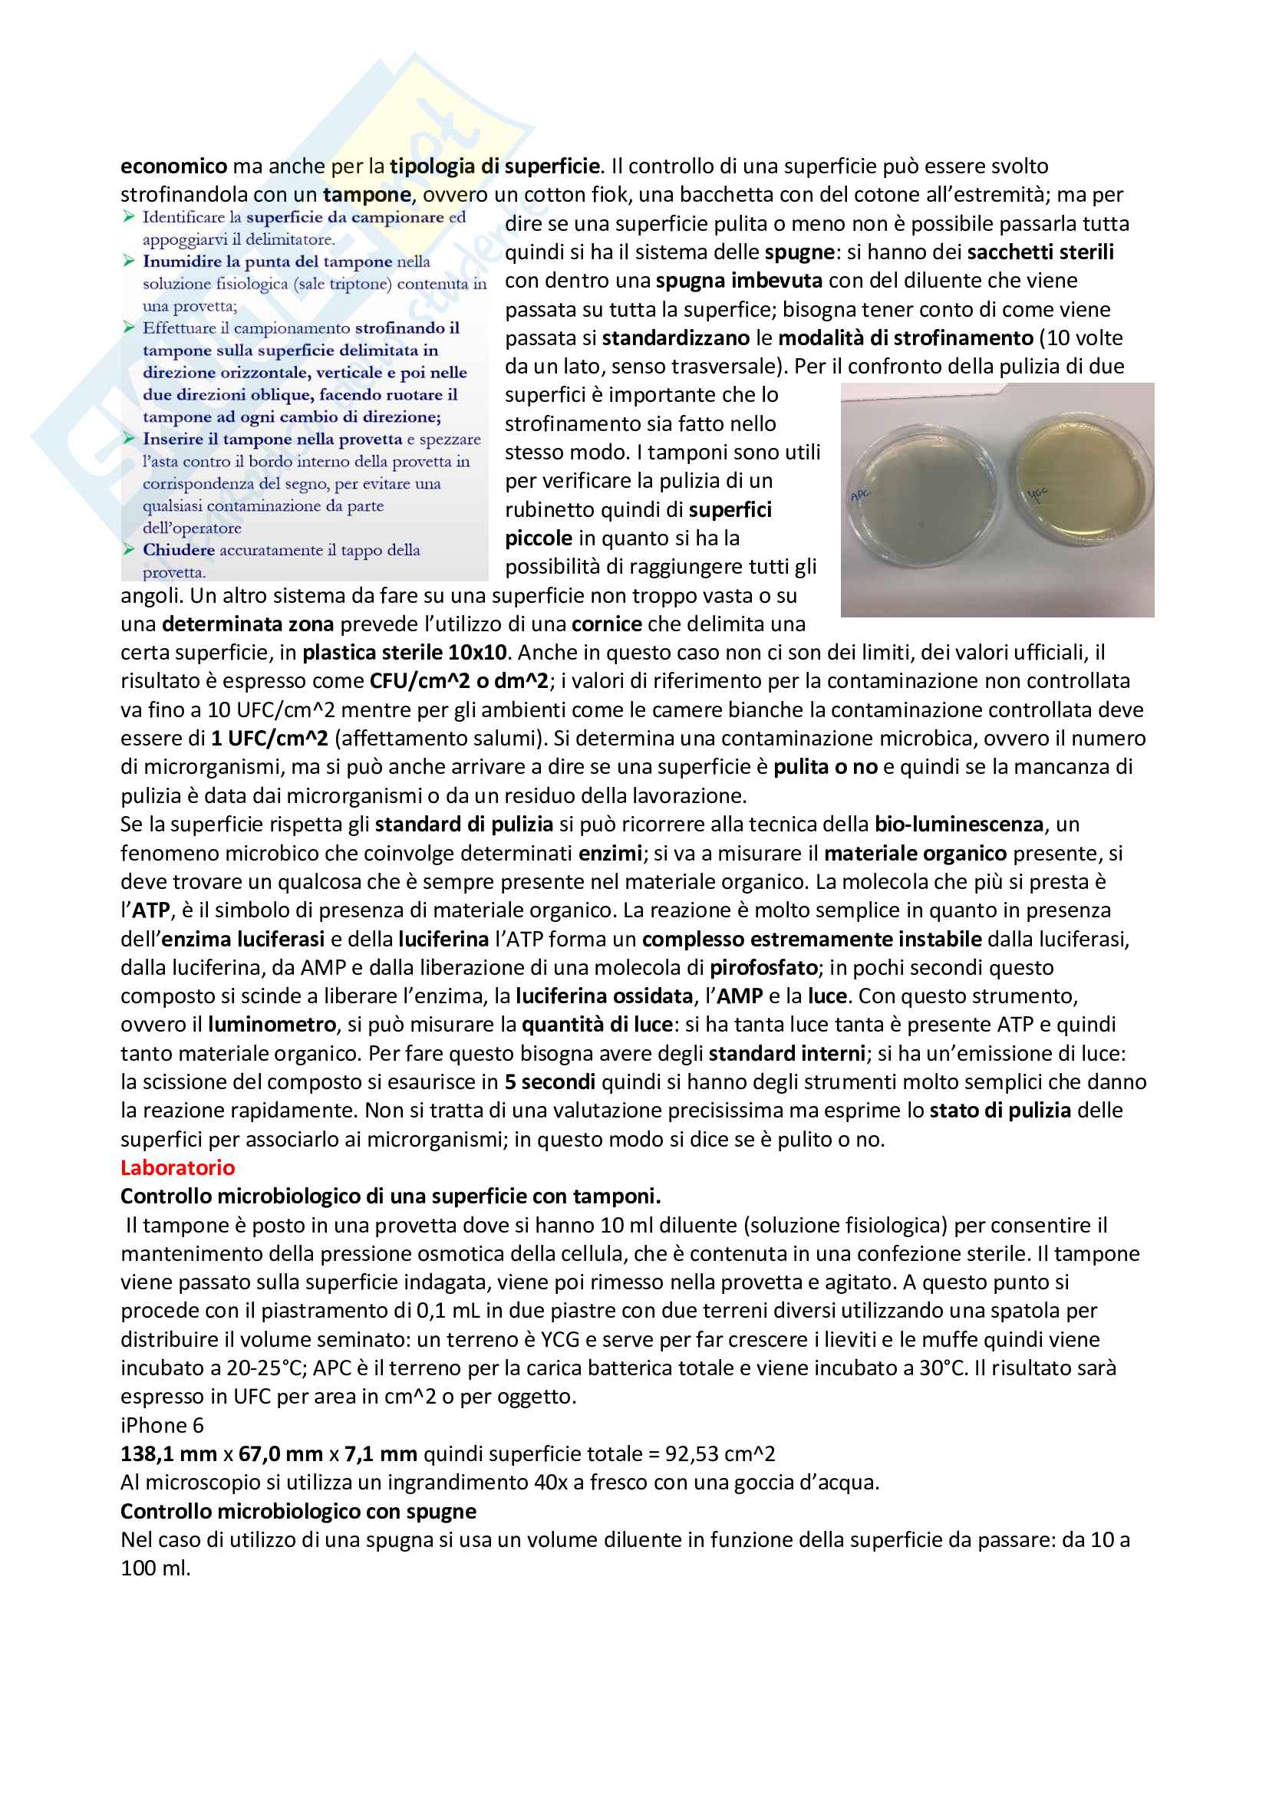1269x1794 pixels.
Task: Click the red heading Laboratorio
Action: [177, 1167]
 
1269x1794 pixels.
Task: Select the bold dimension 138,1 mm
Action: [168, 1454]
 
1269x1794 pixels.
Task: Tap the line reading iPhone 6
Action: [162, 1425]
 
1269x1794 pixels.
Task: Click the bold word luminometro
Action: [271, 1025]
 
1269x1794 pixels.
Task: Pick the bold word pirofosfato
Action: [763, 967]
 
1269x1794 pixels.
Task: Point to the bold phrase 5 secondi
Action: [549, 1082]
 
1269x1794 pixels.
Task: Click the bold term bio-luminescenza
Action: [958, 825]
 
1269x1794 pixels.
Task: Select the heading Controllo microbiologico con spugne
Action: [298, 1511]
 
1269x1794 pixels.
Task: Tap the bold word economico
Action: [173, 166]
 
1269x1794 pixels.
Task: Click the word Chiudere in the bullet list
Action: [178, 550]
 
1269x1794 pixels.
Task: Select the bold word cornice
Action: [606, 624]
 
